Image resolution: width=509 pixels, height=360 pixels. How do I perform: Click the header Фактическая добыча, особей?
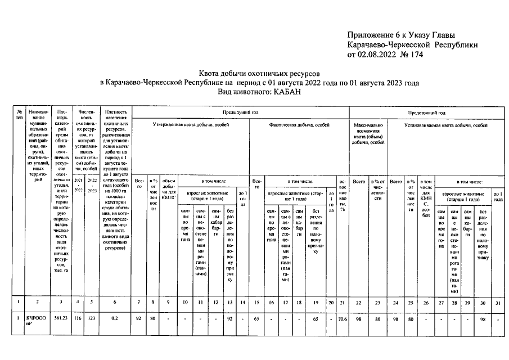(x=299, y=124)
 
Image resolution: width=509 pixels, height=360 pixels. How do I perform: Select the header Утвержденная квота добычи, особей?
(x=191, y=124)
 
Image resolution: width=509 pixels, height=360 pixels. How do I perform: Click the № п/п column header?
(x=19, y=115)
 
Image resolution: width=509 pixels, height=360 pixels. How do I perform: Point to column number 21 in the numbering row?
(x=343, y=305)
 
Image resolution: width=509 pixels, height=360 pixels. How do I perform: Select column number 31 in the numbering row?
(x=497, y=305)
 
